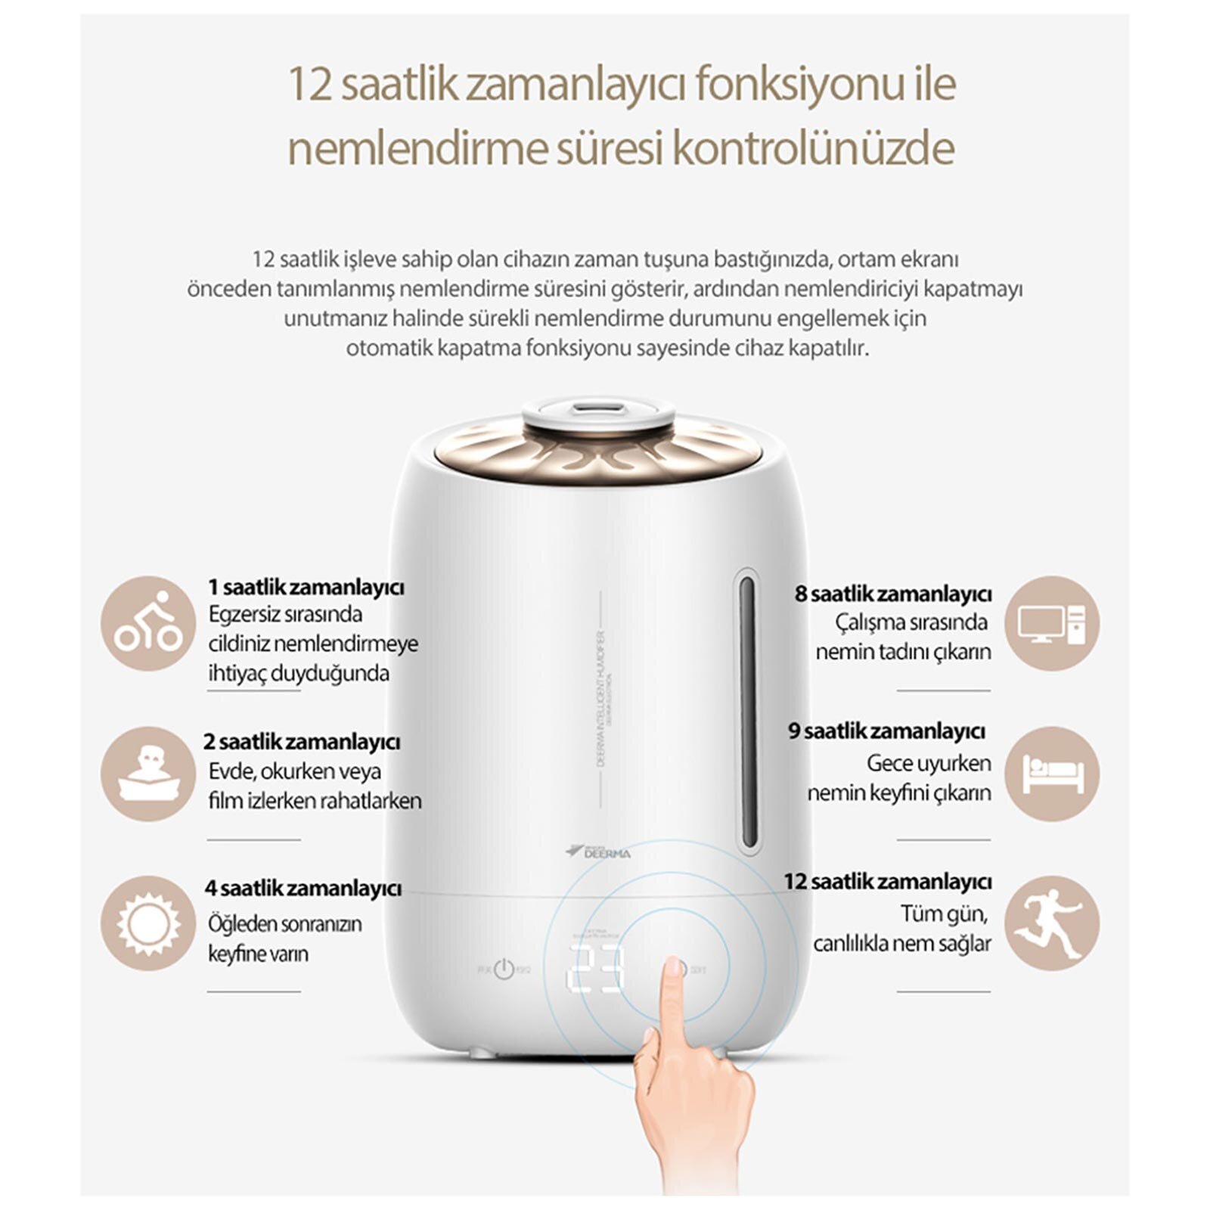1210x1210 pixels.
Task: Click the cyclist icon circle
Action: (x=148, y=623)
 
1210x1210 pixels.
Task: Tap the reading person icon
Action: (x=148, y=774)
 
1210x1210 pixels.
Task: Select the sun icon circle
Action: (x=148, y=923)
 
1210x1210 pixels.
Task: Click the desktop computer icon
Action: (x=1052, y=623)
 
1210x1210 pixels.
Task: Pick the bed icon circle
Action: (x=1052, y=774)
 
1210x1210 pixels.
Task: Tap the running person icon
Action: (x=1052, y=923)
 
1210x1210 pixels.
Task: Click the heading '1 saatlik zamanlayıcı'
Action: (x=306, y=587)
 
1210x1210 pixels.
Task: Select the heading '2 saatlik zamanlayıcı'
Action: (x=302, y=741)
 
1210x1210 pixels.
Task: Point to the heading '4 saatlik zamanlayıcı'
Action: (x=302, y=888)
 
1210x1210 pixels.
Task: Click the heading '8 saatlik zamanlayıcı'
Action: (x=893, y=594)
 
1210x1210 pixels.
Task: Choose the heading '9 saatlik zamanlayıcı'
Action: (x=887, y=731)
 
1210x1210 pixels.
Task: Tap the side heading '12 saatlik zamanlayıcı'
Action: (x=887, y=881)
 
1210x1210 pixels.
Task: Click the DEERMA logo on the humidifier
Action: (x=598, y=852)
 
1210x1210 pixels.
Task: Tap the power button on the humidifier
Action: (x=504, y=970)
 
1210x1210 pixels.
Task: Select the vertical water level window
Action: (x=747, y=712)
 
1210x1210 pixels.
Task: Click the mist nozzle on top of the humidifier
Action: (x=597, y=410)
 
